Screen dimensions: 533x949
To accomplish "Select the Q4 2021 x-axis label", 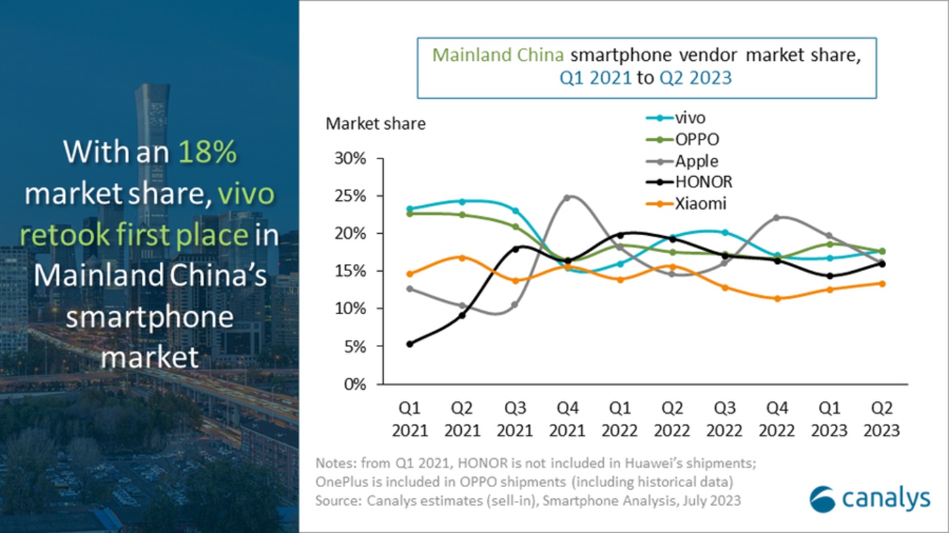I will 567,419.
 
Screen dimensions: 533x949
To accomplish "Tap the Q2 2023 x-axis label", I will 882,419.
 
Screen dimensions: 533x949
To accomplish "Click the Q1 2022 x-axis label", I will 619,419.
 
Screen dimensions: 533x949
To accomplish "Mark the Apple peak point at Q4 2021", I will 567,198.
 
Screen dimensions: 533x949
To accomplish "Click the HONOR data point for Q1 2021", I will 409,344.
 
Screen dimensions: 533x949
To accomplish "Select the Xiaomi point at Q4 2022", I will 778,299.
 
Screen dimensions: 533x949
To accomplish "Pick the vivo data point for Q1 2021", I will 409,209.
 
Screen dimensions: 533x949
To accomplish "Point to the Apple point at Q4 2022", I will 778,218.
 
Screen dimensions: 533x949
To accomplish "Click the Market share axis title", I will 376,124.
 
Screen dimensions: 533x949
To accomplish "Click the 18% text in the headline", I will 207,153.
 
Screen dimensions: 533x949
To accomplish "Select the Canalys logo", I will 870,498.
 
